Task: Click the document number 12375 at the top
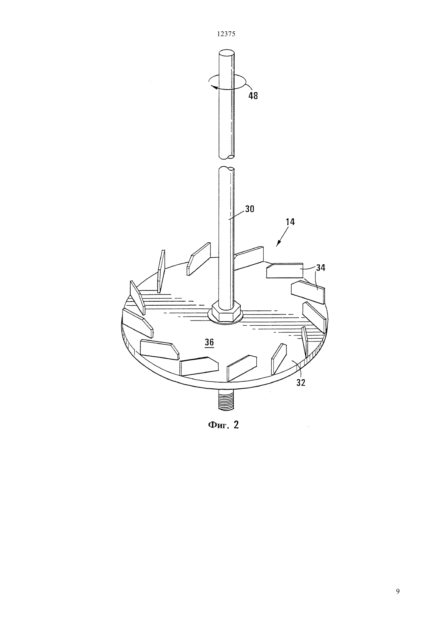226,34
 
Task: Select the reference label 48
253,96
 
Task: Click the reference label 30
250,209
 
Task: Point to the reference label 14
290,222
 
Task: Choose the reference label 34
321,268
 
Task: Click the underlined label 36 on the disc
209,342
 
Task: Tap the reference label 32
301,383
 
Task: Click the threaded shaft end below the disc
225,400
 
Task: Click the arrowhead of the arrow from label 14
277,244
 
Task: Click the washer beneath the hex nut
225,319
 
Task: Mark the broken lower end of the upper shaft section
226,157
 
